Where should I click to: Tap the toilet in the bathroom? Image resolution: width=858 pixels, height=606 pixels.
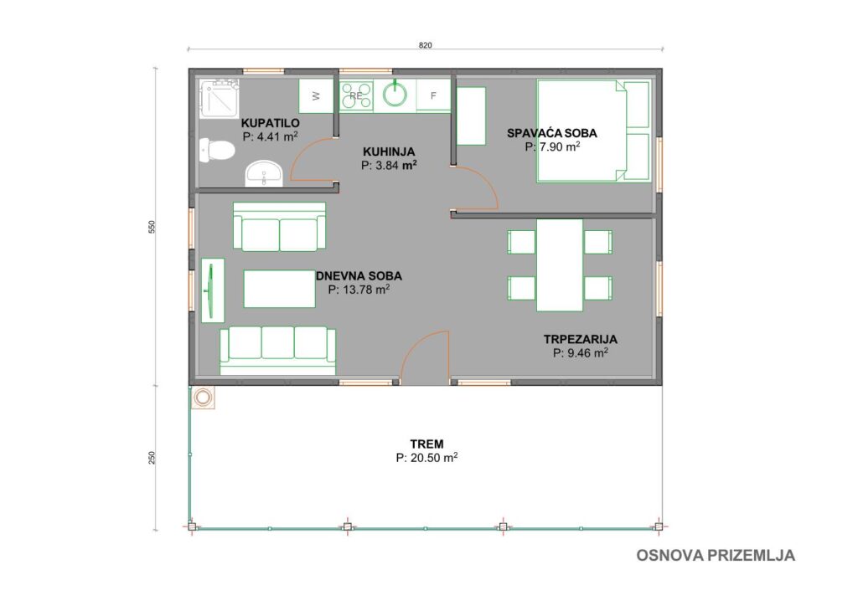(x=217, y=151)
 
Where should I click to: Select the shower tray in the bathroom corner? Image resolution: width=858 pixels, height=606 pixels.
(x=220, y=99)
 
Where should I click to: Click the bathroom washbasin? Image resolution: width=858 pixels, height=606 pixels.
(x=264, y=174)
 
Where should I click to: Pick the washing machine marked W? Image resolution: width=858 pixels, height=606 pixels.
(x=316, y=96)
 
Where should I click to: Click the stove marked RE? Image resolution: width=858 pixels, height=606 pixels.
(x=356, y=95)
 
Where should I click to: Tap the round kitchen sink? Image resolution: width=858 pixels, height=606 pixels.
(x=395, y=95)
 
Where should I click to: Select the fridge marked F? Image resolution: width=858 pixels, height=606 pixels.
(x=433, y=96)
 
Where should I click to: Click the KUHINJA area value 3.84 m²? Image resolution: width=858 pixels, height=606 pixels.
(x=389, y=166)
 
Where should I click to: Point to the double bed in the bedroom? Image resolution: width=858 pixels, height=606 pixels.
(x=594, y=131)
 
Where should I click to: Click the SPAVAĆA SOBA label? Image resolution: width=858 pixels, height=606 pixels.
(x=551, y=133)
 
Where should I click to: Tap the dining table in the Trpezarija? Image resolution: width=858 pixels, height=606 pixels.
(x=559, y=265)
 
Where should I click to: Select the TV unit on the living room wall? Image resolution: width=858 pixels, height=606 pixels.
(x=212, y=290)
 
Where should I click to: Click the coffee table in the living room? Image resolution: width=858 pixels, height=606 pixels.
(x=279, y=289)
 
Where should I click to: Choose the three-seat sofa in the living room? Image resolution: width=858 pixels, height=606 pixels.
(x=277, y=351)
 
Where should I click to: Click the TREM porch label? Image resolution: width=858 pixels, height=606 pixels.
(x=426, y=444)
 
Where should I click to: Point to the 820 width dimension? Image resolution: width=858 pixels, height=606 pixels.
(x=425, y=45)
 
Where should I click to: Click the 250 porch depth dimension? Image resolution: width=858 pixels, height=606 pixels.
(x=152, y=457)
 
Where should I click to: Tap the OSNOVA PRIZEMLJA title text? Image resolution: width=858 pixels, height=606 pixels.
(x=716, y=555)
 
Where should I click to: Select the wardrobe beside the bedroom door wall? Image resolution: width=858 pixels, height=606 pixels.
(x=471, y=116)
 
